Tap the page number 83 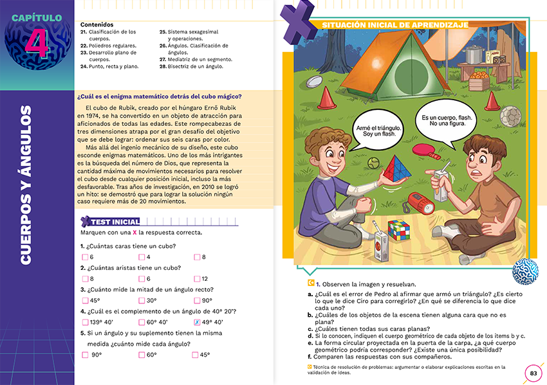[x=533, y=373]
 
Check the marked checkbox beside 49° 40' [x=197, y=322]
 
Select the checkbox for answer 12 [x=197, y=279]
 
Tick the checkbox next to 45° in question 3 [x=86, y=300]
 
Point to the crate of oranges [x=479, y=82]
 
